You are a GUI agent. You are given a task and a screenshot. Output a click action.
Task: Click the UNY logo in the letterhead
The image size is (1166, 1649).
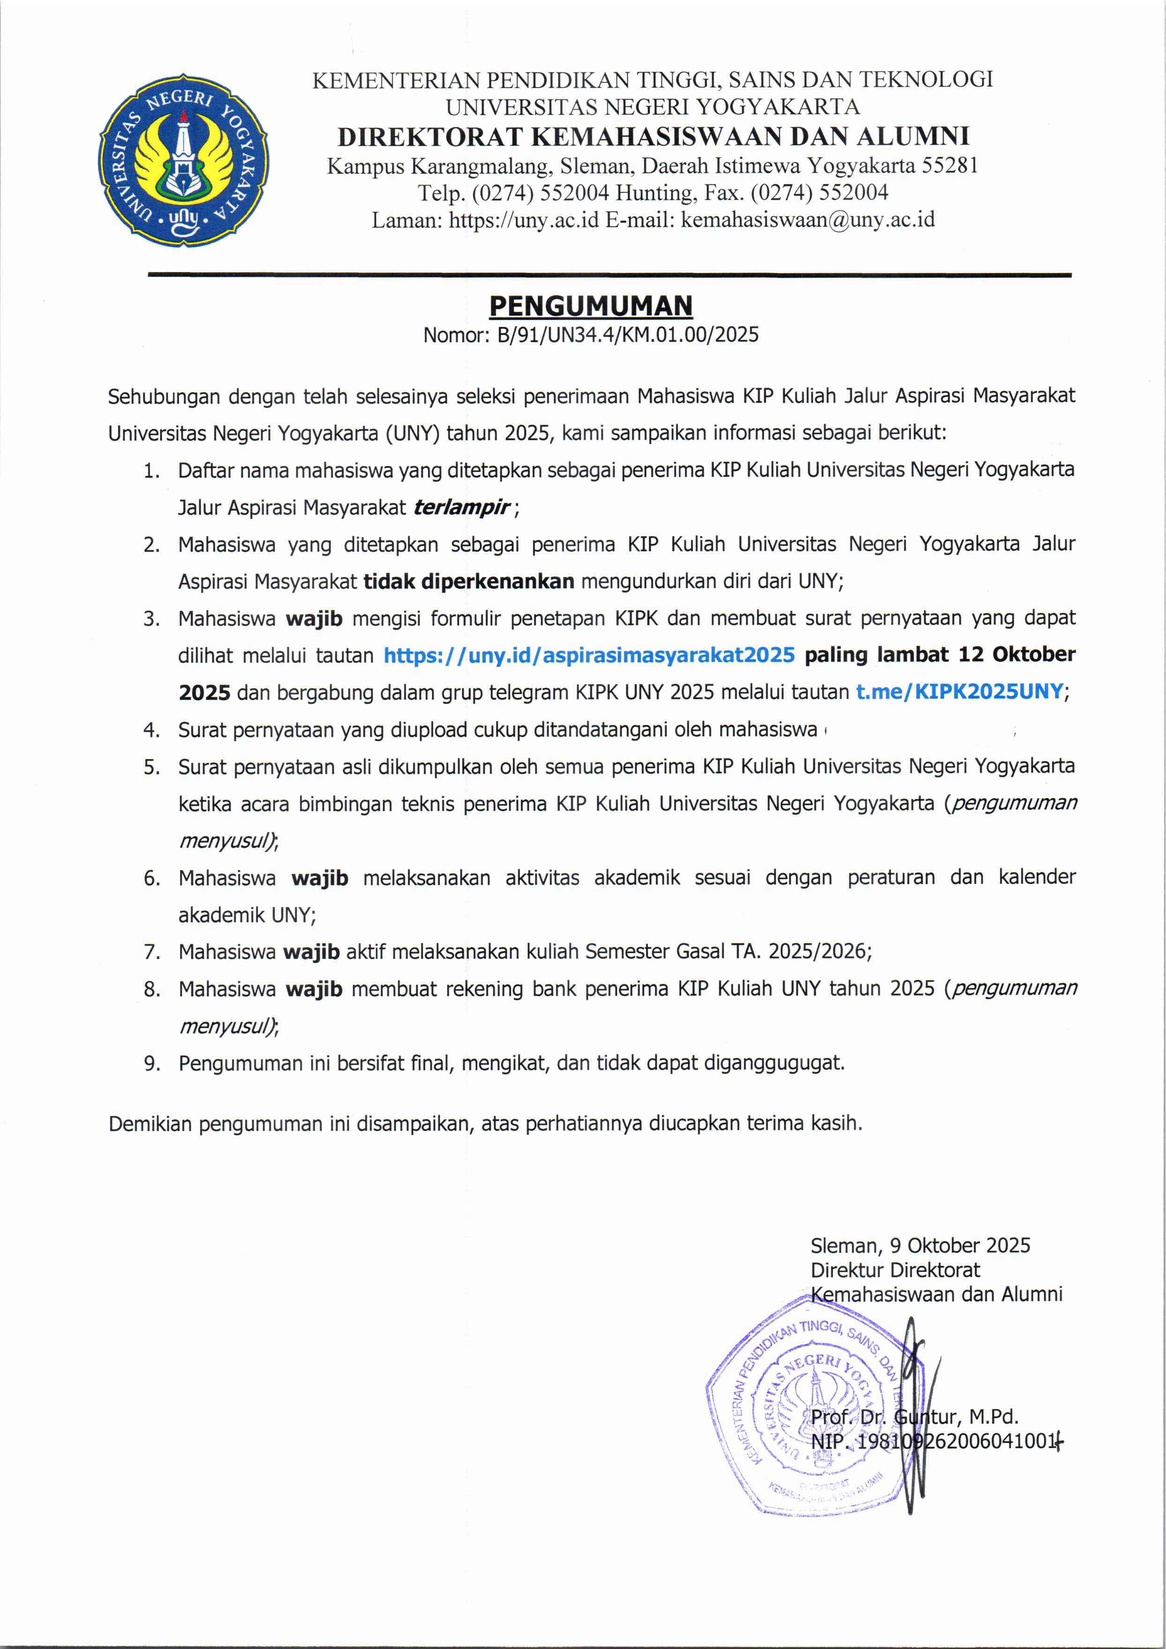(184, 159)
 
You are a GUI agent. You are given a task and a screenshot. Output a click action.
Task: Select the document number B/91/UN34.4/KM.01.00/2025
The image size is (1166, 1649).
(628, 335)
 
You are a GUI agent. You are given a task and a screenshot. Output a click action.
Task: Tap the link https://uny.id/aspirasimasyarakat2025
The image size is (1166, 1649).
(589, 655)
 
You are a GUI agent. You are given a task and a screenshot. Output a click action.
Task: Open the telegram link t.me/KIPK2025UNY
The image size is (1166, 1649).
(959, 692)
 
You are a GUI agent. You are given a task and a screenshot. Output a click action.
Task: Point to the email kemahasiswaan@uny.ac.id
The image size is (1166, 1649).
(808, 220)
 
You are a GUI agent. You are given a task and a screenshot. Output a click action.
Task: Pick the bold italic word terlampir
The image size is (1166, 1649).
(461, 508)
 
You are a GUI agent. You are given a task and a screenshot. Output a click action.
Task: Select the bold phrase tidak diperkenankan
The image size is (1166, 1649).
(468, 581)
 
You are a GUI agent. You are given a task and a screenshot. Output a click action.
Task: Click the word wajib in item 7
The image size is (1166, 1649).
(311, 952)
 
